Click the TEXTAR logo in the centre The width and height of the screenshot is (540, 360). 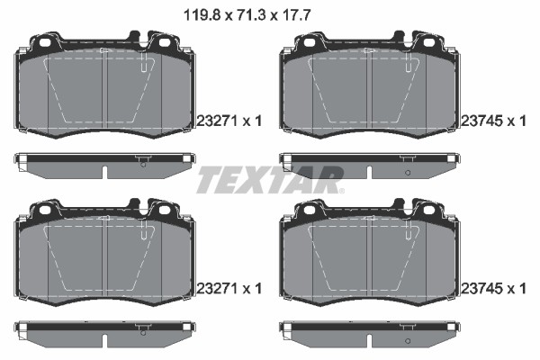268,179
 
